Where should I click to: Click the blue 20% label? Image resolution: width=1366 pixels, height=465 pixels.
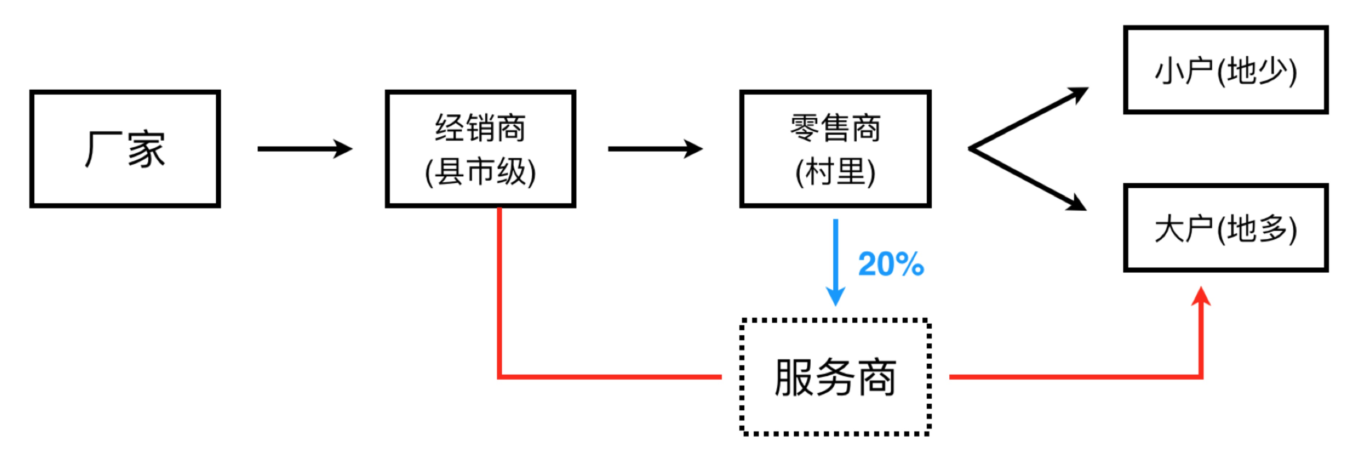click(x=891, y=264)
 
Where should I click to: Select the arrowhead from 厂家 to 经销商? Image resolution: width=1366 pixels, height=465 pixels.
click(x=343, y=149)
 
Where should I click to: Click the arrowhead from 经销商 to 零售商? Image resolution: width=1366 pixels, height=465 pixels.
click(x=693, y=149)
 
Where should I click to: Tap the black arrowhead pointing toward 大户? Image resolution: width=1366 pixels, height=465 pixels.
click(x=1077, y=203)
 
